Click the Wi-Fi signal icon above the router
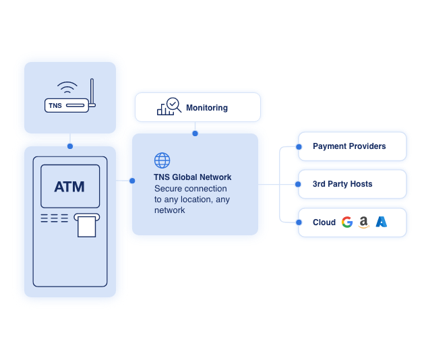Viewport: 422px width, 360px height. coord(67,88)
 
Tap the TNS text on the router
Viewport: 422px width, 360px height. coord(55,106)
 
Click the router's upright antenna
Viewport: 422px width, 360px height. coord(92,93)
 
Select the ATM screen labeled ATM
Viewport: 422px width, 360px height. coord(69,187)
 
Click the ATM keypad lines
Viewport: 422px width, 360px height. coord(55,218)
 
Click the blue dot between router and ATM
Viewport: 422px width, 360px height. coord(69,146)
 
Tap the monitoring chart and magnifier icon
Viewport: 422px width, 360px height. coord(169,107)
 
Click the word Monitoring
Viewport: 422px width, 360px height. coord(207,108)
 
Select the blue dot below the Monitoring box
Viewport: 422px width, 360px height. coord(195,133)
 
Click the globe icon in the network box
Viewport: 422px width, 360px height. coord(162,160)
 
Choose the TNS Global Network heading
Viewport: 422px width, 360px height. coord(192,177)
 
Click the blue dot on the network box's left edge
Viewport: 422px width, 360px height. coord(132,180)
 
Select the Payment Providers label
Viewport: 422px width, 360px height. coord(349,146)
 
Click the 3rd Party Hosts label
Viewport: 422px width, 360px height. coord(342,184)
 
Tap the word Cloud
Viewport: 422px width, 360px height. coord(324,222)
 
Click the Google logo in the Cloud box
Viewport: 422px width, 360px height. coord(347,222)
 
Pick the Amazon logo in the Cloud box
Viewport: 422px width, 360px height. coord(364,222)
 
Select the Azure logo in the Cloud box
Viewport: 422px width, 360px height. coord(382,222)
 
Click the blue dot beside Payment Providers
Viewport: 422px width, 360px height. coord(299,146)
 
